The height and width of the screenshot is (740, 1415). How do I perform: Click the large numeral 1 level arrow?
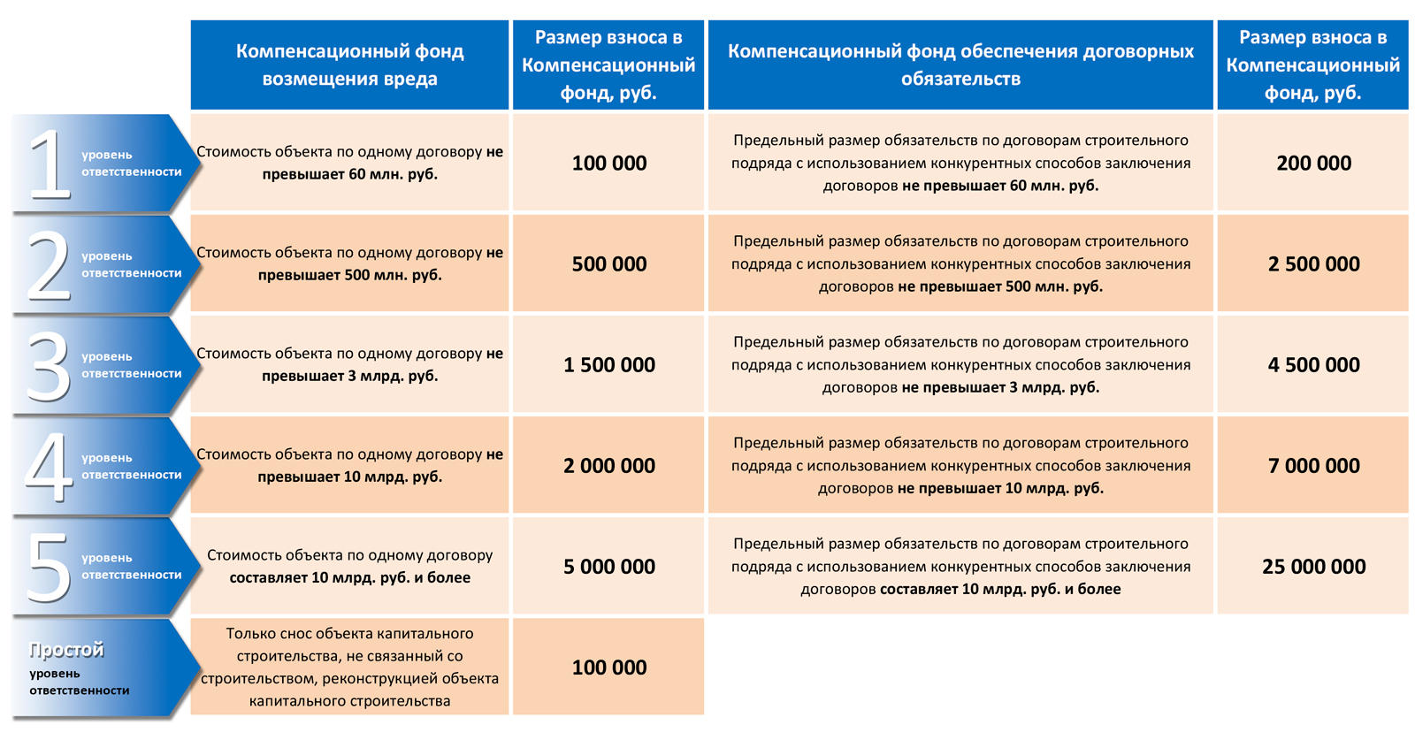coord(50,164)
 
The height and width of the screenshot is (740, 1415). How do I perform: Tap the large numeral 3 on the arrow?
coord(48,365)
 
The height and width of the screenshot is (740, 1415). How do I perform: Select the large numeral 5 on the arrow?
coord(48,567)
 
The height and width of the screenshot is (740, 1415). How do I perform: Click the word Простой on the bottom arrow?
coord(66,650)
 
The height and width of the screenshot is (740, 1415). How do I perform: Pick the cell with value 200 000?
coord(1313,163)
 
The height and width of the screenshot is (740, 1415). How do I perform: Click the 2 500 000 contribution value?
coord(1313,263)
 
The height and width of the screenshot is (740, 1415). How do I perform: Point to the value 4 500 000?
coord(1313,364)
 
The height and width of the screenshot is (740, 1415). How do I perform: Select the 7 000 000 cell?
coord(1313,465)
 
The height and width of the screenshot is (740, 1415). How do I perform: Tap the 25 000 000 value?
coord(1313,566)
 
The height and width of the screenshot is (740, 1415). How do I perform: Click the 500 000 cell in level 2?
coord(608,263)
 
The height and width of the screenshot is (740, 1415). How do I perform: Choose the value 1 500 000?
coord(608,364)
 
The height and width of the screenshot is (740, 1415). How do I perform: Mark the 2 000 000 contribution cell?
coord(608,465)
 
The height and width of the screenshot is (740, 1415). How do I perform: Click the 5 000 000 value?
coord(608,566)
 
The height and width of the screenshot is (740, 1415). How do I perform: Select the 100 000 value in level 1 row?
coord(608,163)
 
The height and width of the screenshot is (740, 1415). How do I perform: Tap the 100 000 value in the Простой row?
coord(608,668)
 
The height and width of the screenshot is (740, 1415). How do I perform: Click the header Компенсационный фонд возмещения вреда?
coord(349,65)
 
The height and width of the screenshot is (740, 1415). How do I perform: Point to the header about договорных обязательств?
coord(960,65)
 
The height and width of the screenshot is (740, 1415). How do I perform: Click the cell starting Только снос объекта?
coord(349,667)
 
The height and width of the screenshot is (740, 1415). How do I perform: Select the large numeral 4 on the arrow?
coord(48,466)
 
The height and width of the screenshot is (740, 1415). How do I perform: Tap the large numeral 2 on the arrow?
coord(48,264)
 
